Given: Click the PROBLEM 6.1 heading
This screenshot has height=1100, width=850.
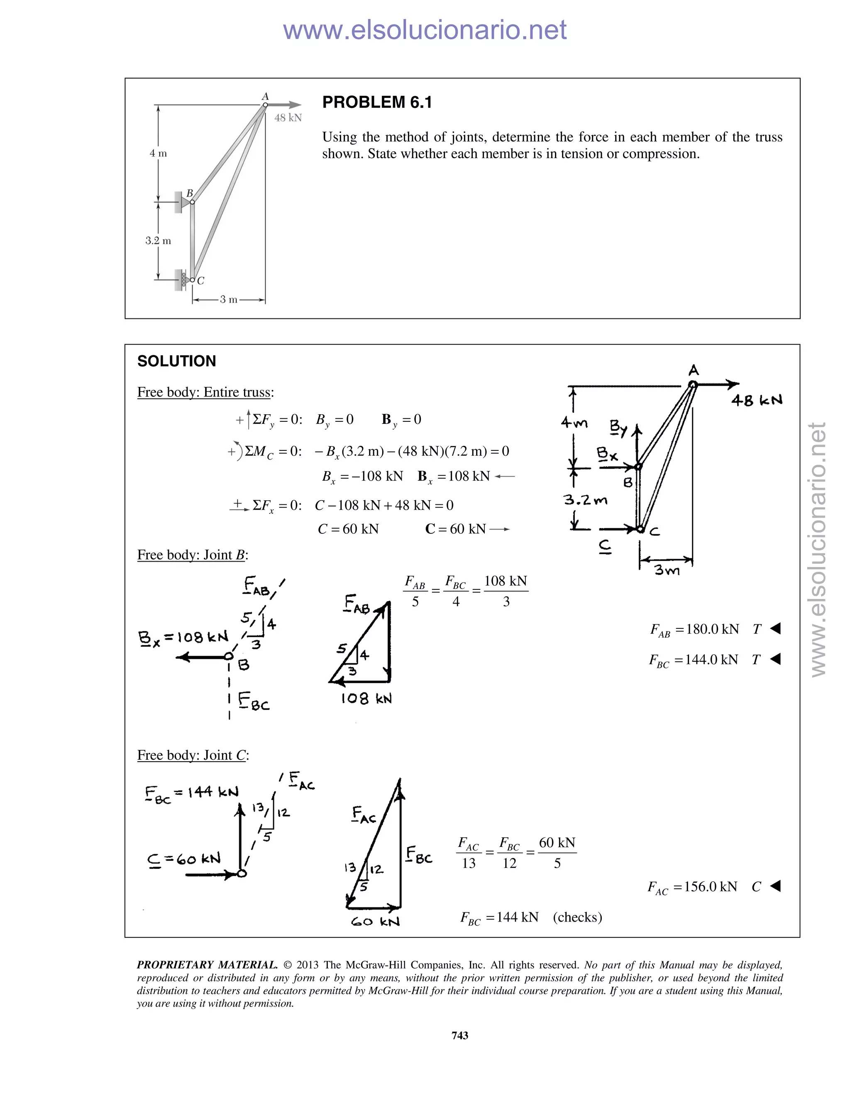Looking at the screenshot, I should pos(377,102).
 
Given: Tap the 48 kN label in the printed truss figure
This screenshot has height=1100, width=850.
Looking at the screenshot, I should pos(288,118).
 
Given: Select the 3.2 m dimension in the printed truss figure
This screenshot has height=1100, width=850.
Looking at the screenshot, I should pos(158,241).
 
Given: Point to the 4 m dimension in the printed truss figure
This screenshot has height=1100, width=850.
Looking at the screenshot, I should pos(158,153).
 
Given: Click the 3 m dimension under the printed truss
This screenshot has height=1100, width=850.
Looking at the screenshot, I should pos(229,300).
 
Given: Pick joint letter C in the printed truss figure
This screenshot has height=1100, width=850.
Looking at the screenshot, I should pos(200,281).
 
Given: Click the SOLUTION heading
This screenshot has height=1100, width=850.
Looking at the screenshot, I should pos(176,361).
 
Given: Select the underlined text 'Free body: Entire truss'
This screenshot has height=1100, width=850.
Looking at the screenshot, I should pos(205,392).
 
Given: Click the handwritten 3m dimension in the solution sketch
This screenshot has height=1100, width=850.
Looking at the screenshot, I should pos(667,570).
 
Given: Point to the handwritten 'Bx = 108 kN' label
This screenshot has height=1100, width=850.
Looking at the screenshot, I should pos(183,638).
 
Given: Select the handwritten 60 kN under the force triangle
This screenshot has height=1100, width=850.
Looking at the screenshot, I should pos(375,922).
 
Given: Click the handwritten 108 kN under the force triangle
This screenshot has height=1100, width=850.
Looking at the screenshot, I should pos(366,699).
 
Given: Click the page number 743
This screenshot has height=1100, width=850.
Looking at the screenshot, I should pos(460,1036).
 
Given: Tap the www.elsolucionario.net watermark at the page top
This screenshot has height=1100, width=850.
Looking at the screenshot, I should pos(425,30).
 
